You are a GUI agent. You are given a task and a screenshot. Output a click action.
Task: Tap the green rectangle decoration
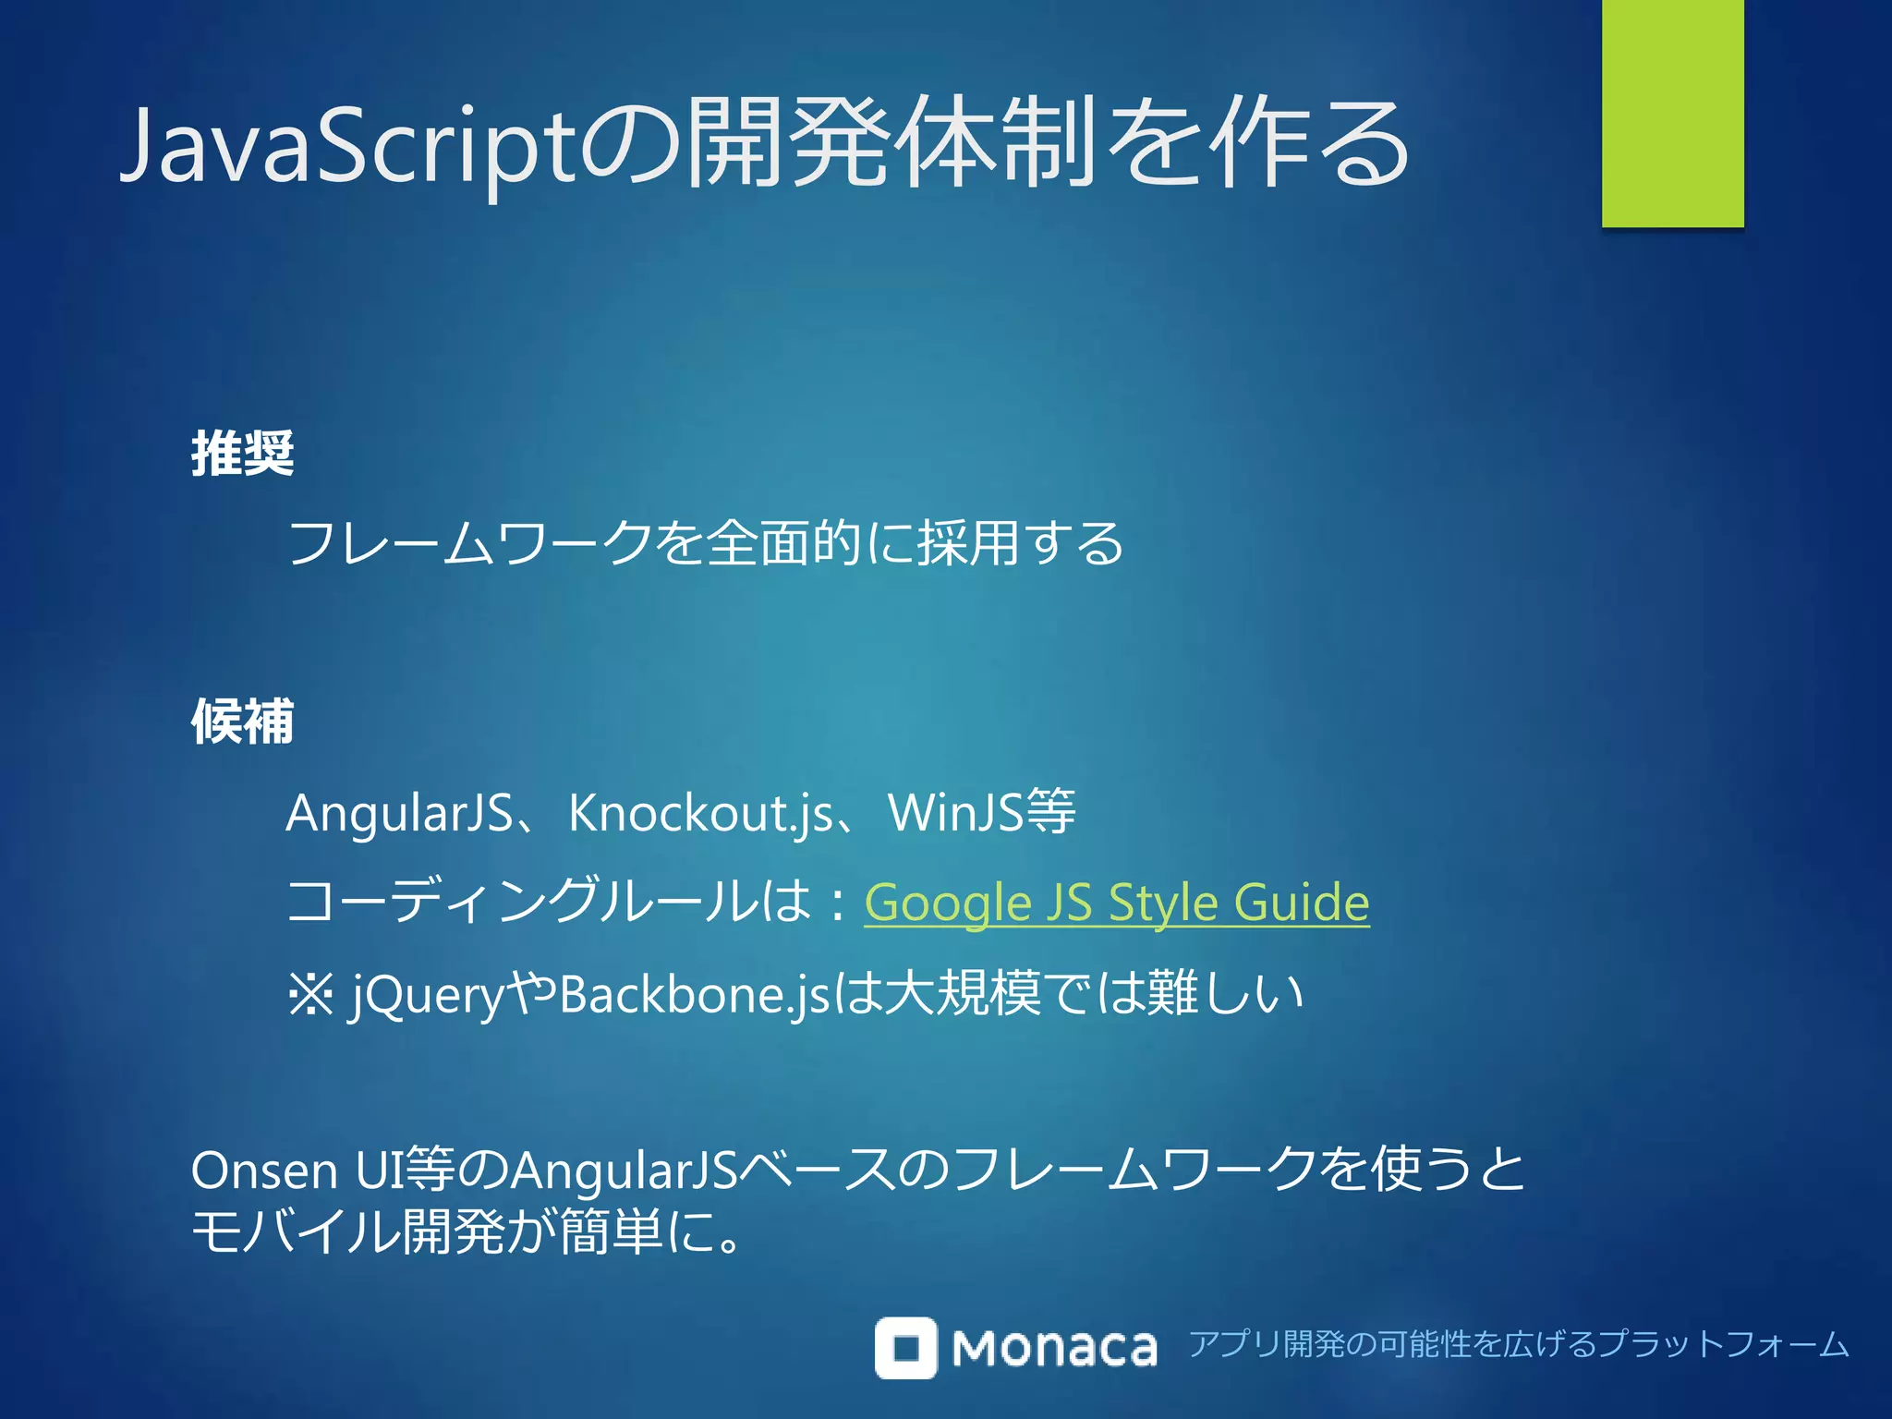[x=1672, y=113]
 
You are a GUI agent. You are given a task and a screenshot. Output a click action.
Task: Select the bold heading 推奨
[x=242, y=454]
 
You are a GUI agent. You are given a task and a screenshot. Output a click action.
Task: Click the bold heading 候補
[x=242, y=722]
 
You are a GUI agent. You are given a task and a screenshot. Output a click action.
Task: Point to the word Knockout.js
[x=700, y=814]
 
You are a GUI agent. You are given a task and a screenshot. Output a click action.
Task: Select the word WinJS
[x=955, y=814]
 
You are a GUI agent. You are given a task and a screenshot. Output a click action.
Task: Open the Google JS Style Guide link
[x=1116, y=903]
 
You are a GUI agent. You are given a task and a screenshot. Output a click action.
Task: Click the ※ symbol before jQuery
[x=310, y=995]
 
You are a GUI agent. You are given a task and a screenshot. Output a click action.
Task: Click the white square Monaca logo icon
[x=905, y=1348]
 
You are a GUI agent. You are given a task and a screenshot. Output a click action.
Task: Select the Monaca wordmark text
[x=1053, y=1349]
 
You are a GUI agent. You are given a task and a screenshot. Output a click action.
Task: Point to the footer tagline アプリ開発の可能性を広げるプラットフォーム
[x=1518, y=1344]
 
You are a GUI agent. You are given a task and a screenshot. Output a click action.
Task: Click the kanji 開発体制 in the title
[x=891, y=143]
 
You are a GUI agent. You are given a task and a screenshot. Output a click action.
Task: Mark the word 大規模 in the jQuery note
[x=961, y=995]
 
